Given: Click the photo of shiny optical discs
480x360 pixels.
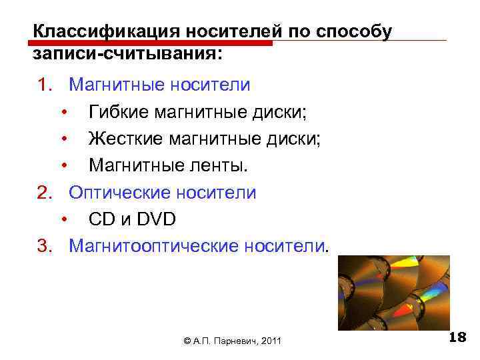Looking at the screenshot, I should coord(393,293).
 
